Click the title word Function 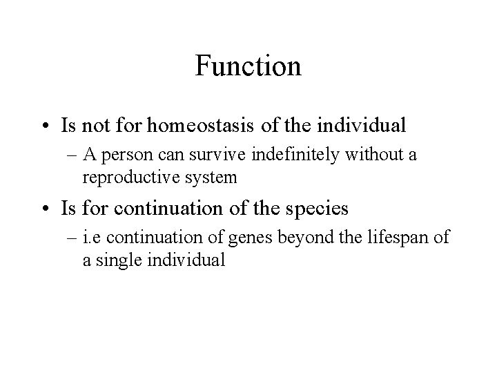248,66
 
